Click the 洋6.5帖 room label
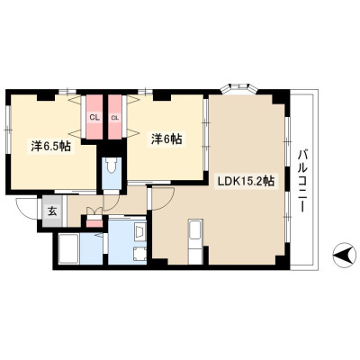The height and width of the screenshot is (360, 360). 51,147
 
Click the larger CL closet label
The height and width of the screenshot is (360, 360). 94,118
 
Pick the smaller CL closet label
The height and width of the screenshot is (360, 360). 115,118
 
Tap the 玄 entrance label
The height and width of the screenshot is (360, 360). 52,211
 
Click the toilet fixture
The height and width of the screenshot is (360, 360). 112,166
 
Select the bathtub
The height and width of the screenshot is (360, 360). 68,248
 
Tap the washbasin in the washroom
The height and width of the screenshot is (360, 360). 140,232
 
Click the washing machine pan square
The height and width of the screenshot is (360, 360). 139,253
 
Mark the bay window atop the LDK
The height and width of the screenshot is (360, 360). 238,87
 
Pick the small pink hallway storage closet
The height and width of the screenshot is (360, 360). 94,223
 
